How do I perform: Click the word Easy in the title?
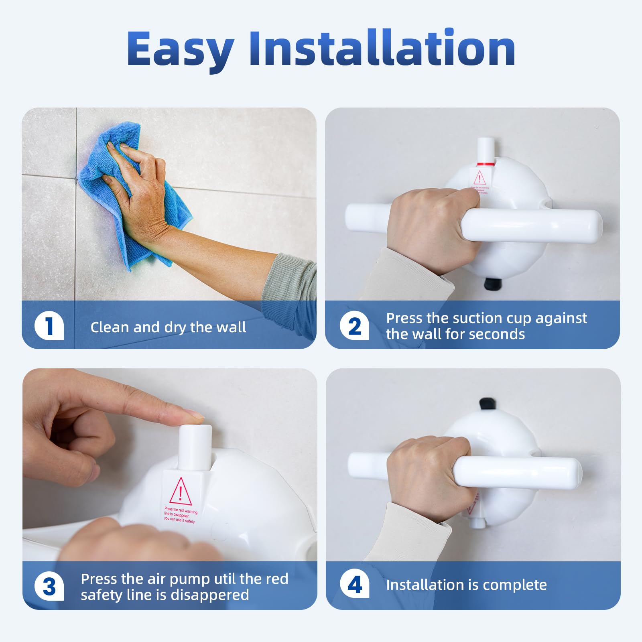180,49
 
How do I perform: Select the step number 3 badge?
49,586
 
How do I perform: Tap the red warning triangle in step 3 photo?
181,492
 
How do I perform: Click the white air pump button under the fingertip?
195,445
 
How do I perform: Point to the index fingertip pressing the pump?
193,415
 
